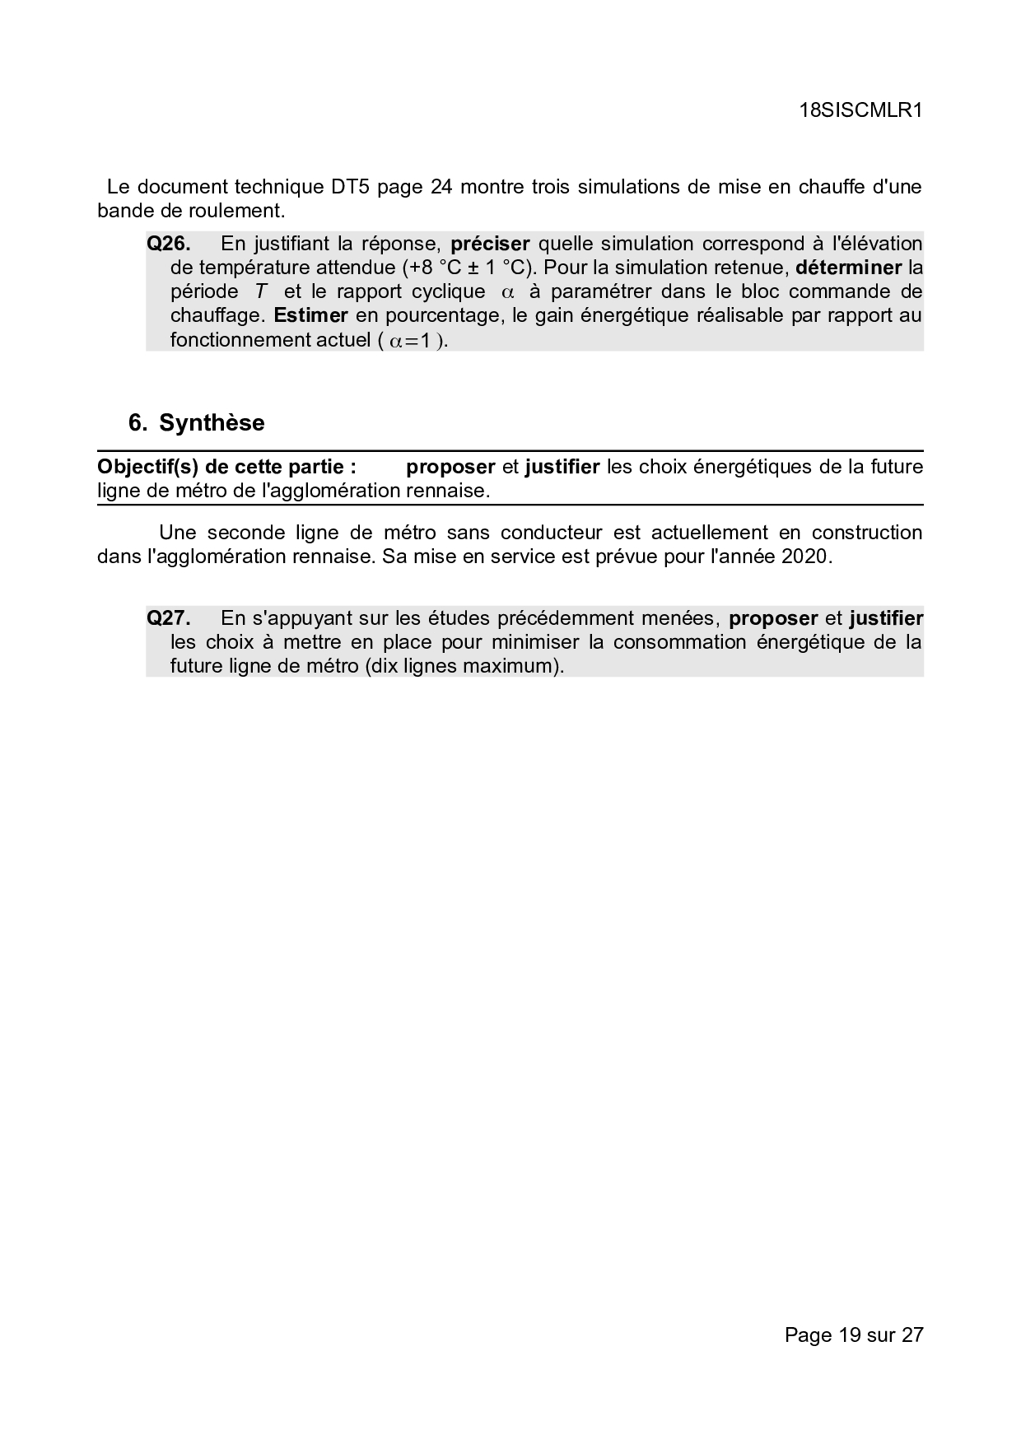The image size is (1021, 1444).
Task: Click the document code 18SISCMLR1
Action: point(860,111)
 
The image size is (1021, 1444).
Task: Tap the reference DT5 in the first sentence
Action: point(349,187)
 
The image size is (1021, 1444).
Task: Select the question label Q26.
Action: point(169,244)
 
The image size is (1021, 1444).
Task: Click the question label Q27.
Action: point(169,618)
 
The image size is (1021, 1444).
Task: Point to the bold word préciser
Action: point(490,244)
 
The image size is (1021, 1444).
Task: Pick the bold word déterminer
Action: point(849,268)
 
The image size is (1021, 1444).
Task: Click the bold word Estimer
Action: point(310,315)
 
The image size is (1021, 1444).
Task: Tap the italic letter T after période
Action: point(261,291)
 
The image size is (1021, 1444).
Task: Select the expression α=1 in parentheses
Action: point(411,340)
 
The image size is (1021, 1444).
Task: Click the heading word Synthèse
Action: point(212,423)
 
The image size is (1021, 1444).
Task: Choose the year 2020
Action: point(804,557)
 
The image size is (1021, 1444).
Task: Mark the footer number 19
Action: point(849,1335)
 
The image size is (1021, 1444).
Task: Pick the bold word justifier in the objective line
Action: point(562,467)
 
